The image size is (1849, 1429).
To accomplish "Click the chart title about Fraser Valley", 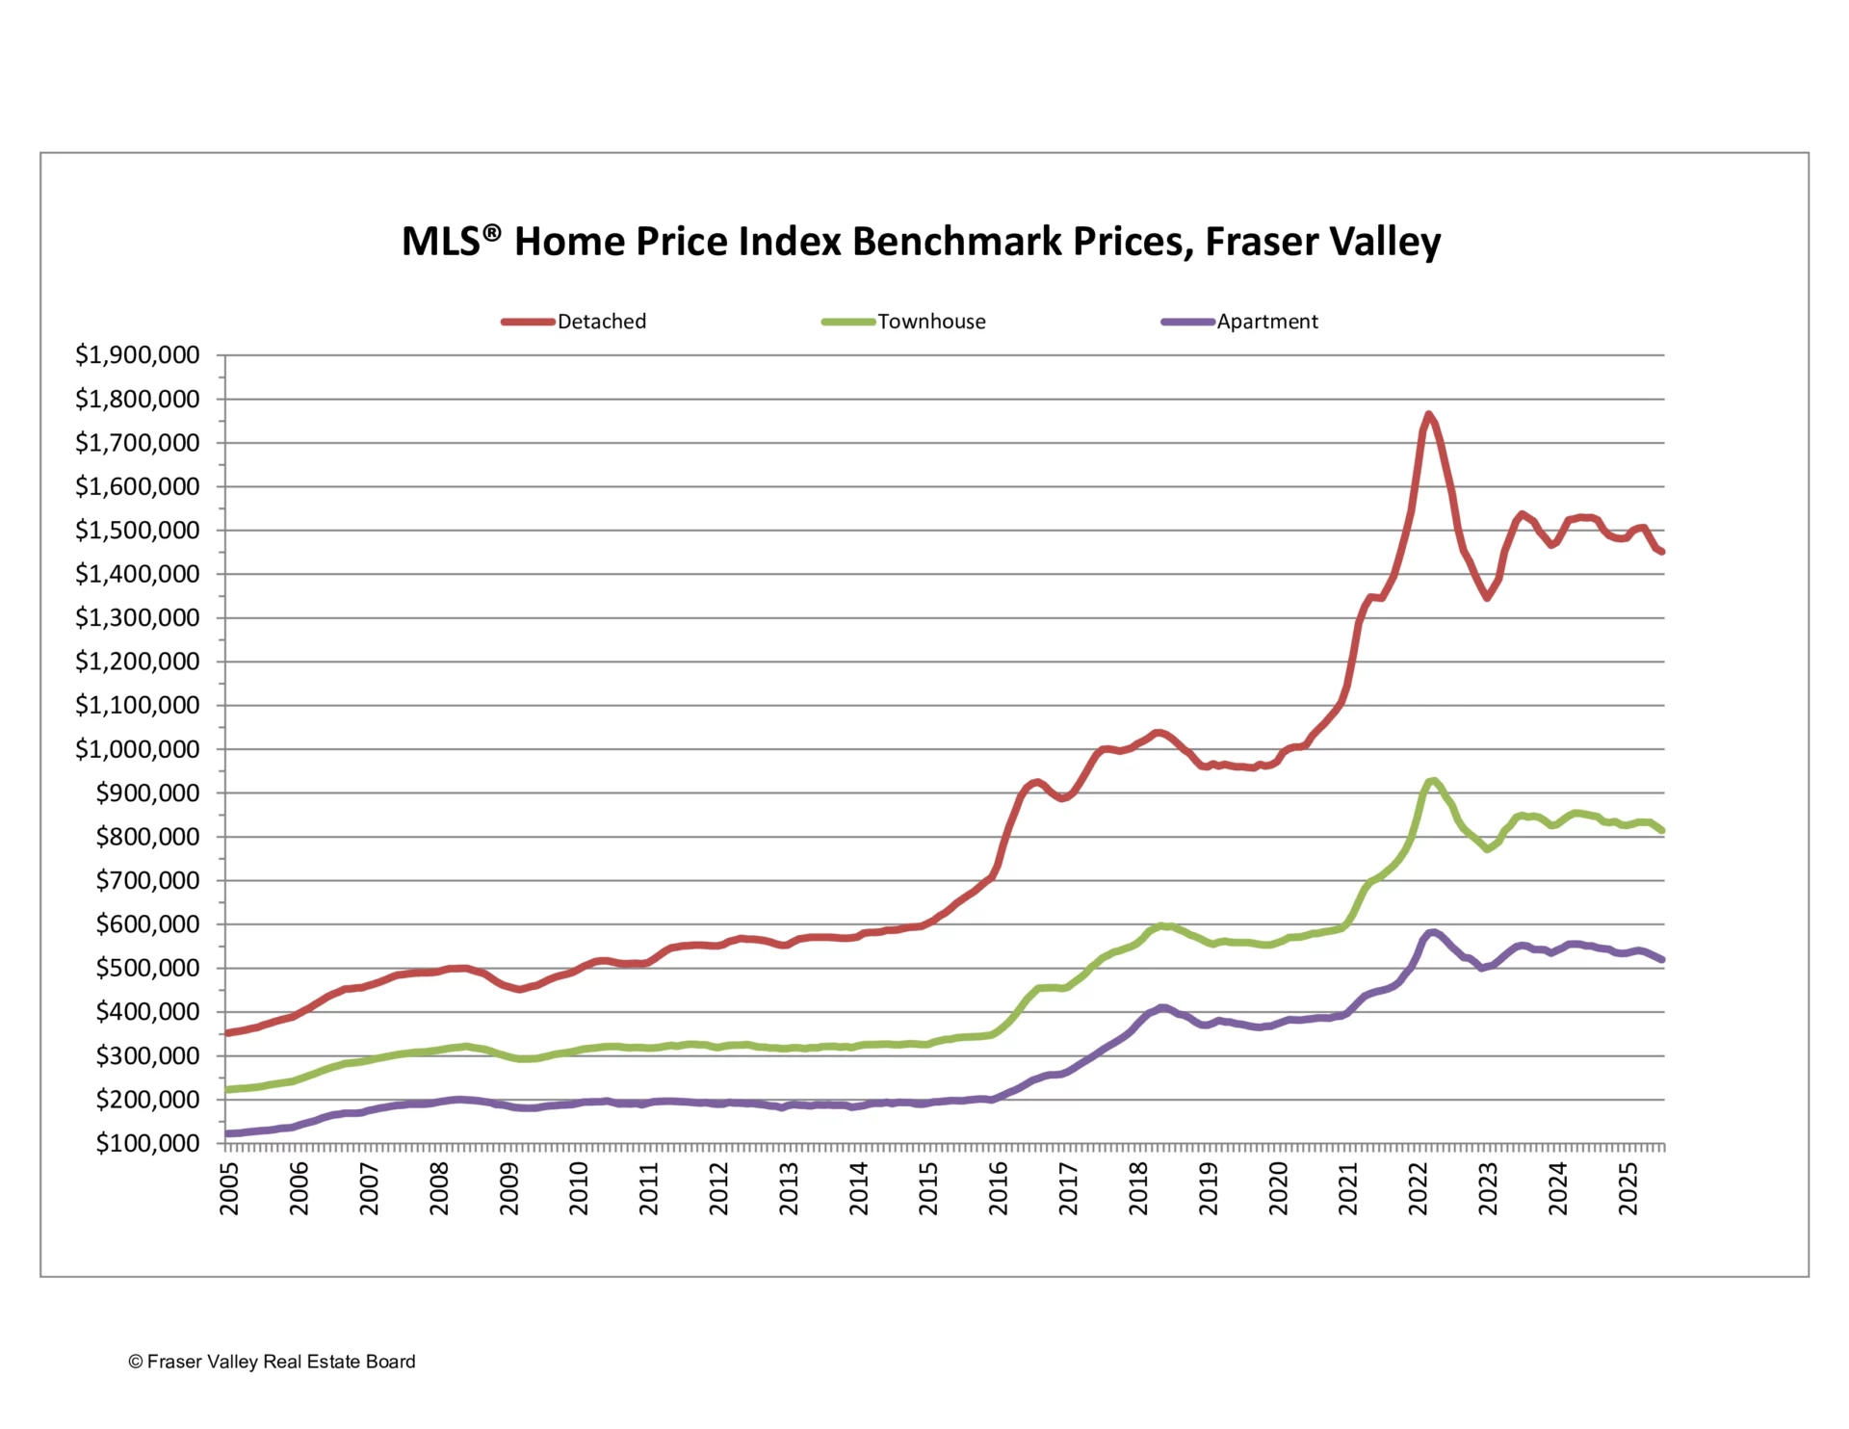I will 921,242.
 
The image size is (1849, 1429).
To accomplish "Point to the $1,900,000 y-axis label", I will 138,355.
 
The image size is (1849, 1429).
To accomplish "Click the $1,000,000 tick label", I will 138,749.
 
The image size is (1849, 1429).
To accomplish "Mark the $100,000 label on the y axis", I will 147,1143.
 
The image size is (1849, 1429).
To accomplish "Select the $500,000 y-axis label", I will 147,968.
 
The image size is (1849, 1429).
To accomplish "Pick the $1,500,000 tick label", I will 138,531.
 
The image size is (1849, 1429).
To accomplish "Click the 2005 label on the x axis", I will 229,1188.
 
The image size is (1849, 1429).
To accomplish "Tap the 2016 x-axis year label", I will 999,1188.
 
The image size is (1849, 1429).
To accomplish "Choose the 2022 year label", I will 1419,1188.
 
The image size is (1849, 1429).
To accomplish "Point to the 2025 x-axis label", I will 1628,1188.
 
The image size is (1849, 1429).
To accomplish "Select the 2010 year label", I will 579,1188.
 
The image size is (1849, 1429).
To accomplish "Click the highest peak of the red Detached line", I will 1428,415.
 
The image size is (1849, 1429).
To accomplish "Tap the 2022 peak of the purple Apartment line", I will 1433,932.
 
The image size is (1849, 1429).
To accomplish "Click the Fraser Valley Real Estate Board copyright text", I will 272,1362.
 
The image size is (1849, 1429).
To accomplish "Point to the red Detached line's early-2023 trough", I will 1487,598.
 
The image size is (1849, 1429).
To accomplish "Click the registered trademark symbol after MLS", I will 492,232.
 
